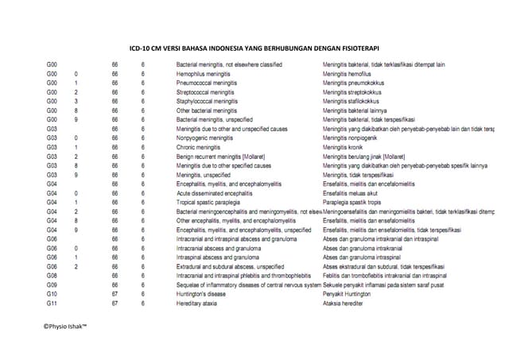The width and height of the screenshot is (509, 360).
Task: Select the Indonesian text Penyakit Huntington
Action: (x=352, y=293)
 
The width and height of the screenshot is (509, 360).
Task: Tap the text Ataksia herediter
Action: (x=347, y=303)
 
